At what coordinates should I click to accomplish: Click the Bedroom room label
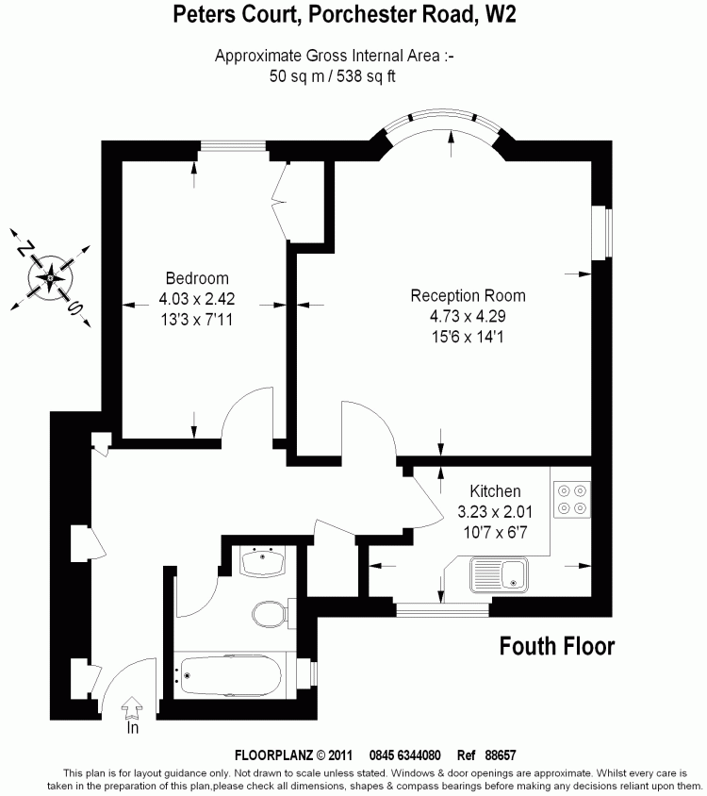click(197, 278)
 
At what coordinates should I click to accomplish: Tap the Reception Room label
click(468, 295)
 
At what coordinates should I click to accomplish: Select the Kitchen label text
click(495, 491)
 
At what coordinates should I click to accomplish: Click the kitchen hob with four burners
click(571, 499)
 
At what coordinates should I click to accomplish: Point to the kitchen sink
click(500, 573)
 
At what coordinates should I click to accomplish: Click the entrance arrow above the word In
click(133, 706)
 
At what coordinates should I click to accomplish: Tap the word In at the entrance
click(132, 728)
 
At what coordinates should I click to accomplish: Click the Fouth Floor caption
click(556, 646)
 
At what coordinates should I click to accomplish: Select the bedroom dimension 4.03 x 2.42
click(196, 299)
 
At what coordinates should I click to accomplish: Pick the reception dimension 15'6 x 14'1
click(468, 337)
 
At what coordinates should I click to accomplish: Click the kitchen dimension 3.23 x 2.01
click(495, 512)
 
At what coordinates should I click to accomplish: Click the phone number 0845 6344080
click(405, 755)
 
